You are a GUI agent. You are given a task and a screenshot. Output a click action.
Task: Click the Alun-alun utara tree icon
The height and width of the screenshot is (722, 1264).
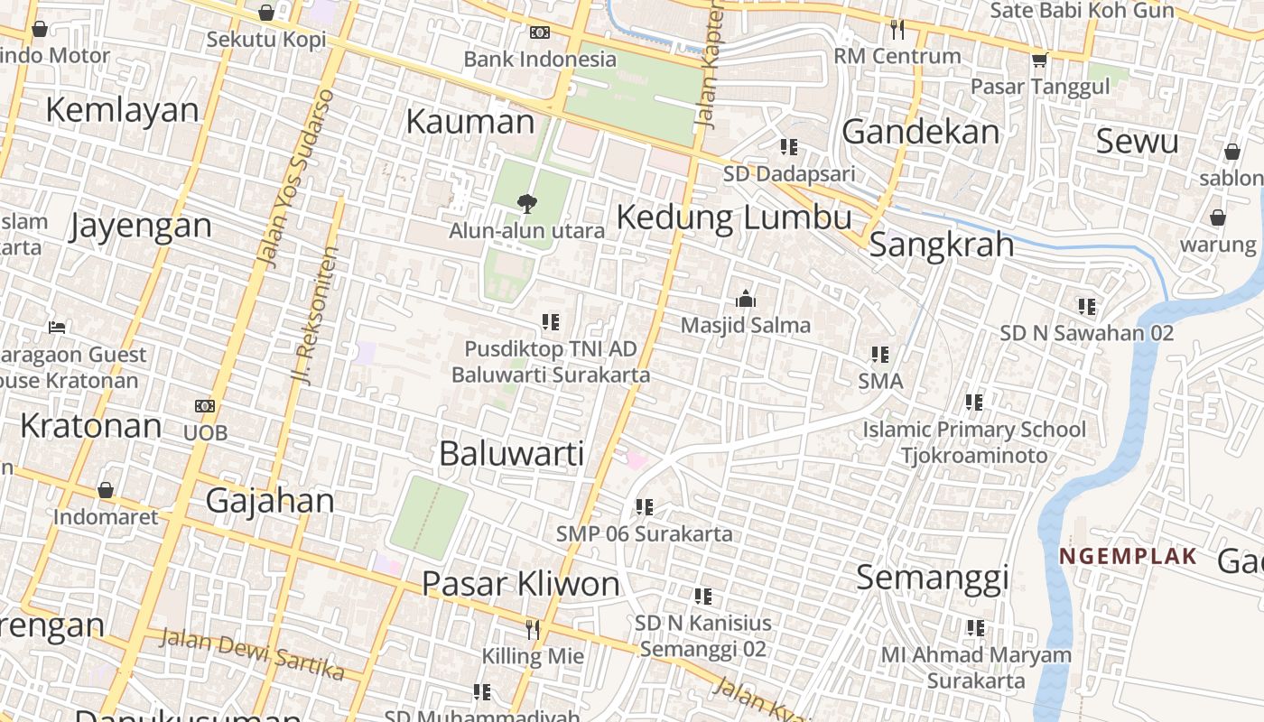(526, 204)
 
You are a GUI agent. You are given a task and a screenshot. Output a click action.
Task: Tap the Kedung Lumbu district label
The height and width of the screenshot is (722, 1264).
(734, 218)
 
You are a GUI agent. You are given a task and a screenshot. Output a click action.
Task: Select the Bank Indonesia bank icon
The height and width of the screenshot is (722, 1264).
(540, 32)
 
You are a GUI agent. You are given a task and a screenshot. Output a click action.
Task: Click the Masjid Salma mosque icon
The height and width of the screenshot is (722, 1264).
(746, 299)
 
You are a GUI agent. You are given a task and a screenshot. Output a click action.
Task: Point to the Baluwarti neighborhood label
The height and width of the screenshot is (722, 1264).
(512, 454)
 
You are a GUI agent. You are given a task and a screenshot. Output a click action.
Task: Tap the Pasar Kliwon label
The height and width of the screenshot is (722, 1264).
(521, 584)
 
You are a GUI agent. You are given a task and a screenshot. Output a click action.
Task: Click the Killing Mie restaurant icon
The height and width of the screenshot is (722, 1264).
(533, 629)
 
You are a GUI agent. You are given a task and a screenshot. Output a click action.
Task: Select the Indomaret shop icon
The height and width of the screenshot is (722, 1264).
(106, 490)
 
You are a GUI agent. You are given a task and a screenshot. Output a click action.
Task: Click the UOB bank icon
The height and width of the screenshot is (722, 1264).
(205, 406)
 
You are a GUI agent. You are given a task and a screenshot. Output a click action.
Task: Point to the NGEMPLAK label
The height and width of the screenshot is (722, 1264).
(1129, 556)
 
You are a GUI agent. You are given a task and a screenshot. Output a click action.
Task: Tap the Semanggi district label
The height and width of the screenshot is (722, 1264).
(932, 577)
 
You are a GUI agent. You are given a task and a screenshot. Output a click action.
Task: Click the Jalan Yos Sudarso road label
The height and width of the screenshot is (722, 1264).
(294, 179)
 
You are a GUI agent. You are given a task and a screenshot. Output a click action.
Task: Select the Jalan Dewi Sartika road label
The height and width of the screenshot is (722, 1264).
(252, 654)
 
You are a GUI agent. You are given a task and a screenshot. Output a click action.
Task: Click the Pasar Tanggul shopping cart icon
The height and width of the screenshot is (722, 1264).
(1039, 60)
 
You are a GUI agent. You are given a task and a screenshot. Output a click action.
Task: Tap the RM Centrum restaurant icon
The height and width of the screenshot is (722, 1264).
(897, 30)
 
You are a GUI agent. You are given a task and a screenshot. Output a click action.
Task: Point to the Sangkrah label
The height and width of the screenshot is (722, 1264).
(941, 245)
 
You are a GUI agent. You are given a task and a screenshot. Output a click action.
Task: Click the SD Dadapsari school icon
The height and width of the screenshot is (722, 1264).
(789, 146)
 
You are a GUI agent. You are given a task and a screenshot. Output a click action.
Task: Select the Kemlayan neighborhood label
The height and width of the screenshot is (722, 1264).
(122, 110)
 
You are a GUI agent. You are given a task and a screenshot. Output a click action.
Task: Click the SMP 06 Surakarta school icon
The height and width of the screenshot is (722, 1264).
(644, 507)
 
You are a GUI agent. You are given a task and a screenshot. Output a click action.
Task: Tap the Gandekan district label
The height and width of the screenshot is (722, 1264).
(921, 132)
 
